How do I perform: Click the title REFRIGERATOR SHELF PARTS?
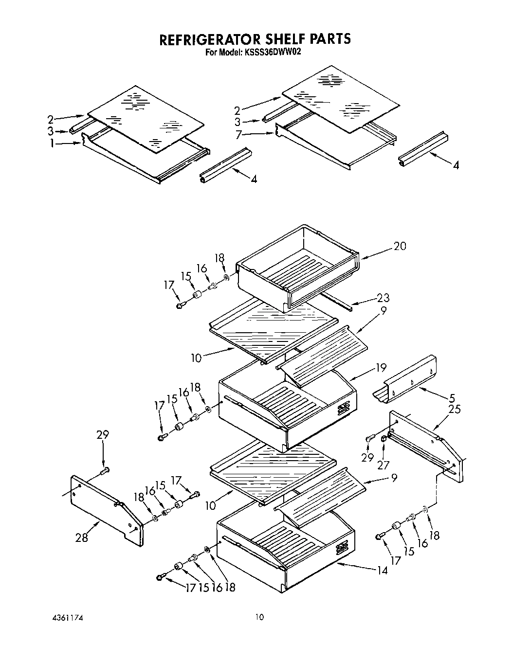tap(255, 39)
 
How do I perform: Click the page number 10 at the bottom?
tap(260, 617)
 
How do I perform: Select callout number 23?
tap(383, 298)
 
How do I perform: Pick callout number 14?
tap(383, 570)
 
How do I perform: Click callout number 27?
tap(383, 465)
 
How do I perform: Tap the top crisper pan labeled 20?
tap(297, 272)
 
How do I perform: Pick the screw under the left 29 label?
tap(105, 470)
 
